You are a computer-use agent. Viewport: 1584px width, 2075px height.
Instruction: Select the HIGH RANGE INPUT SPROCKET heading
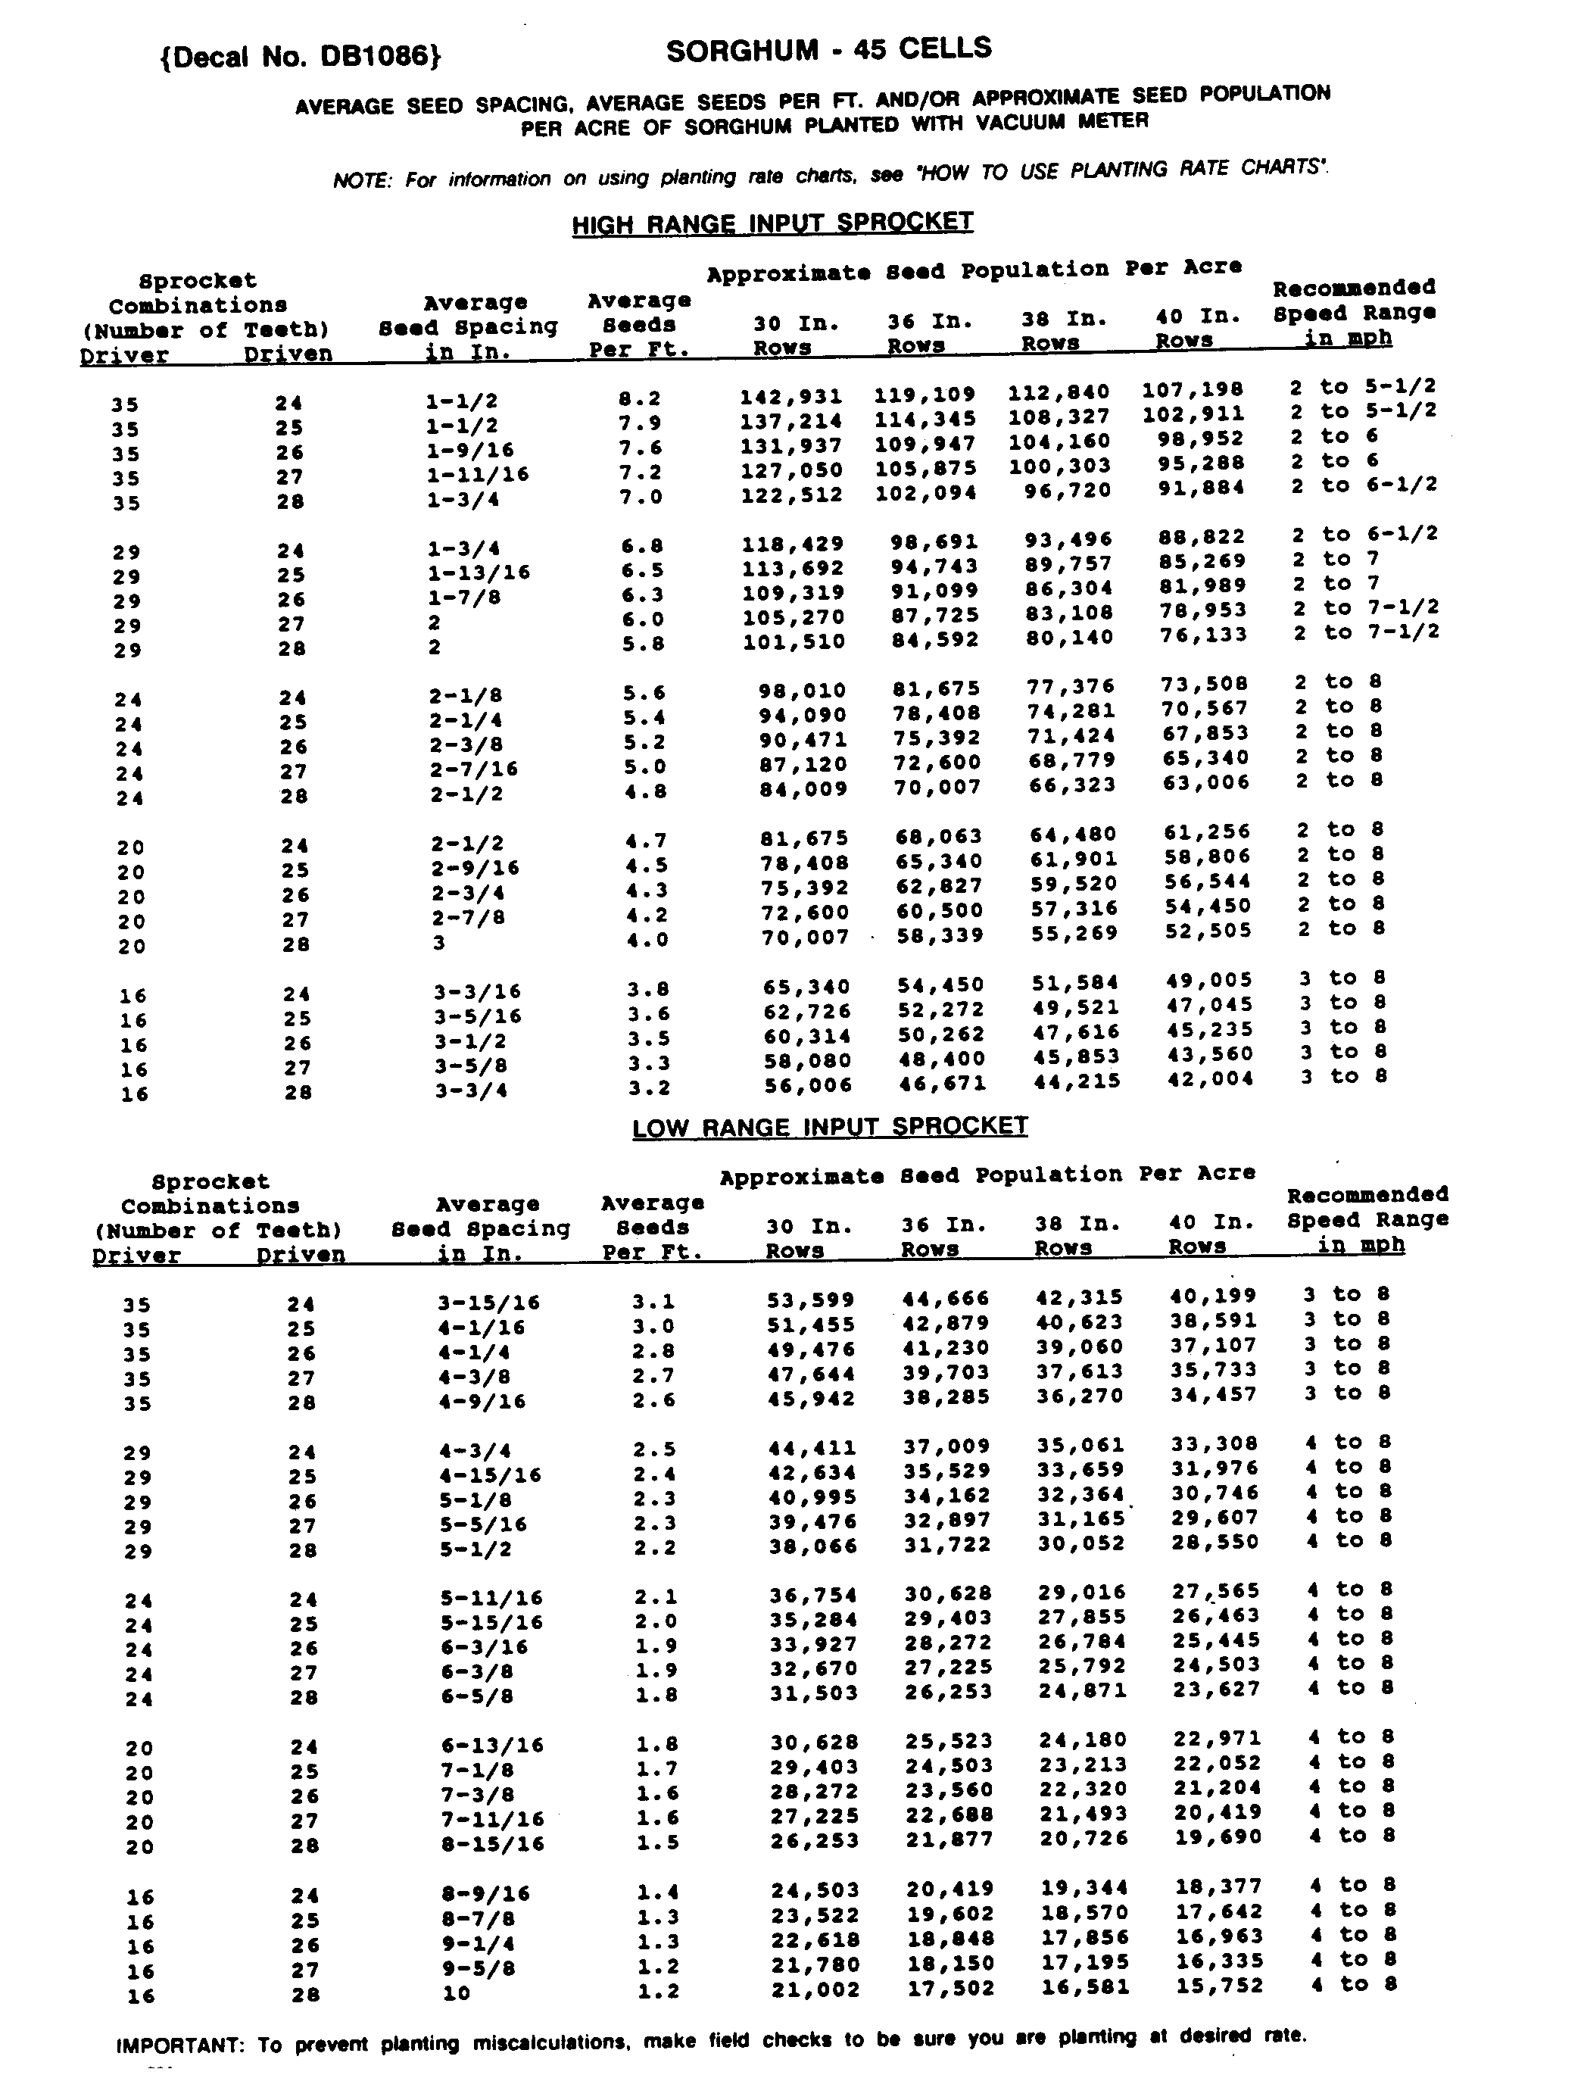(772, 223)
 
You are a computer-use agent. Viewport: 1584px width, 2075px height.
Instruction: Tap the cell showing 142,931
(790, 397)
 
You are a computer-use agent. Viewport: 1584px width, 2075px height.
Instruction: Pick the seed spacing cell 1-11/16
(477, 473)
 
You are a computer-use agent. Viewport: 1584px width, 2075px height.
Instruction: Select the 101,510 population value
(793, 642)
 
